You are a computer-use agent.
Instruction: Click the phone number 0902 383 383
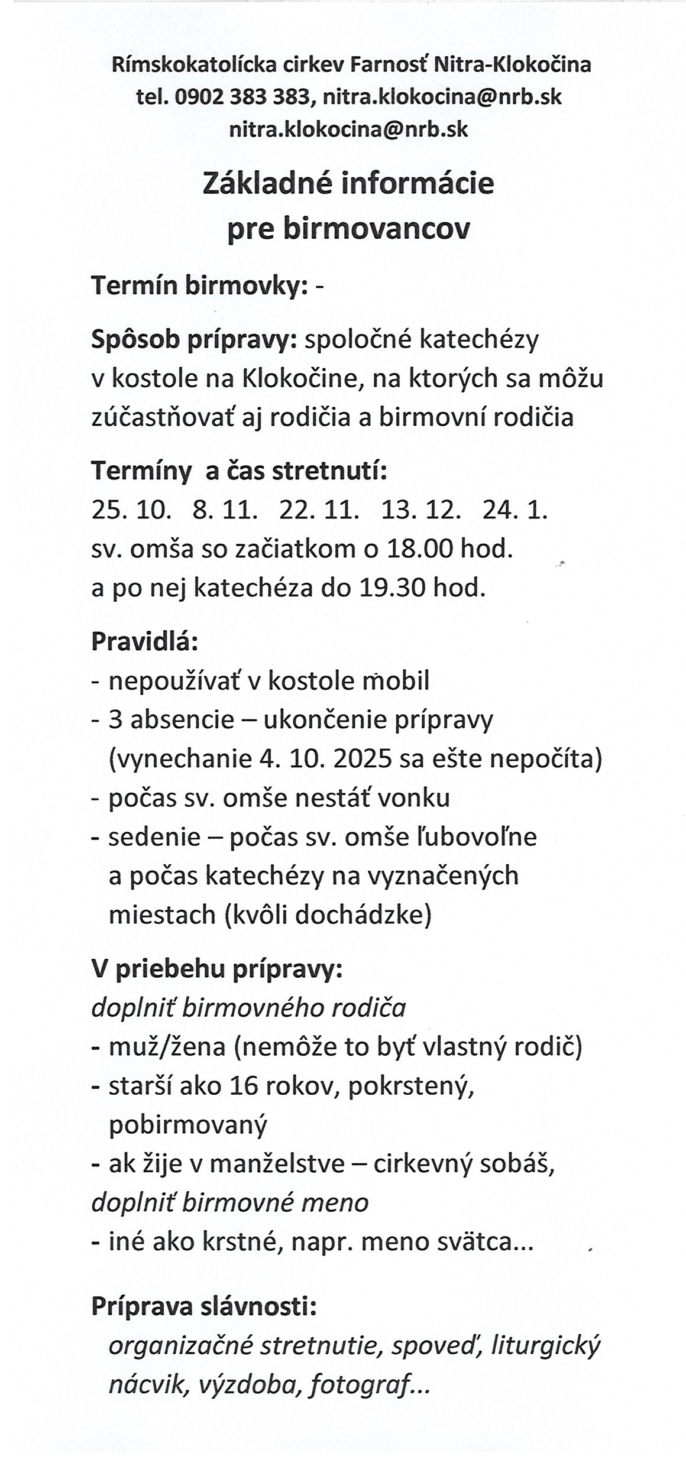(x=241, y=96)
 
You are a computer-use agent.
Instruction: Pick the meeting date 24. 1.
(x=515, y=510)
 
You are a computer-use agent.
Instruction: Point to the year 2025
(x=363, y=759)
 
